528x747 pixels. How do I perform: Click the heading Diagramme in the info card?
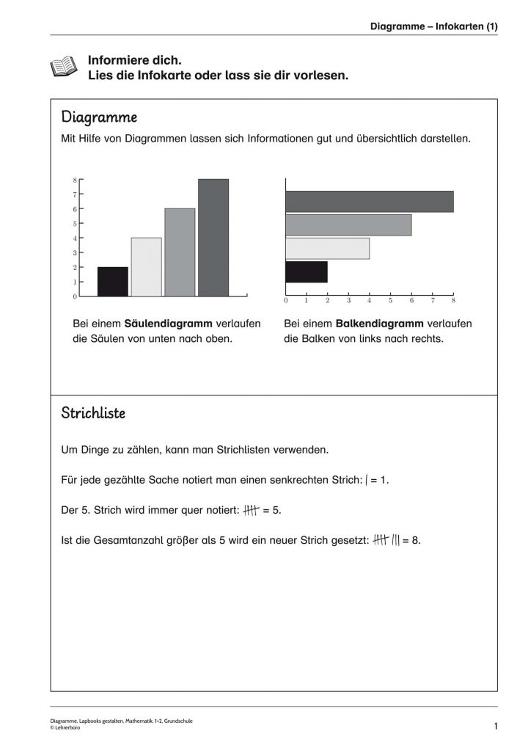click(x=99, y=117)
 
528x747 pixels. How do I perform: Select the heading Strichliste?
click(x=93, y=413)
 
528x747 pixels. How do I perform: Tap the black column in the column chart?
click(x=113, y=282)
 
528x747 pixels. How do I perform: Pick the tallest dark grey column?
click(x=213, y=238)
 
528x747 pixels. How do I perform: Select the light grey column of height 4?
click(x=147, y=267)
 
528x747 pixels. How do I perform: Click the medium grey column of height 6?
click(x=180, y=252)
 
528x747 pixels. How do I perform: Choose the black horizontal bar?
click(x=307, y=272)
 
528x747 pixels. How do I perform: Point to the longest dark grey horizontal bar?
click(x=369, y=201)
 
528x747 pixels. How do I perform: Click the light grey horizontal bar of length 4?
click(x=327, y=249)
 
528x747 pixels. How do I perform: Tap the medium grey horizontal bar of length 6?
click(x=348, y=225)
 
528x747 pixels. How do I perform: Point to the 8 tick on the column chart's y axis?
click(x=75, y=180)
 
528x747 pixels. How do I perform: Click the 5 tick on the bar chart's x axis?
click(x=390, y=300)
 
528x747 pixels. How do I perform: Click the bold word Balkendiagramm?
click(x=380, y=324)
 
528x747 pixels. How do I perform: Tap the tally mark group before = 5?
click(x=251, y=510)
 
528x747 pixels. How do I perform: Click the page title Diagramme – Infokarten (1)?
click(x=434, y=26)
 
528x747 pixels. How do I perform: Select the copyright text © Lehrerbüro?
click(x=66, y=727)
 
